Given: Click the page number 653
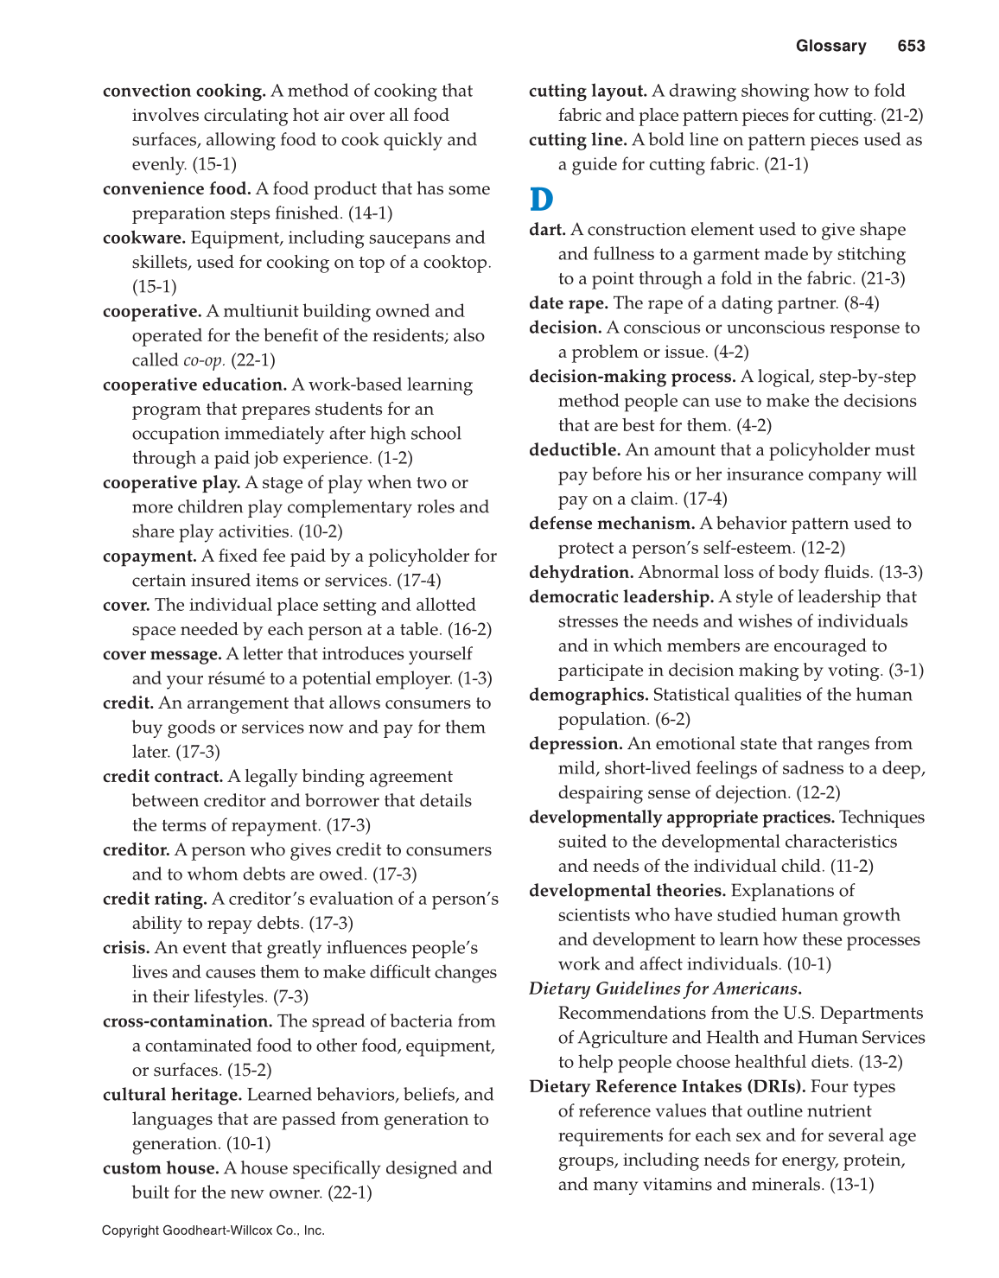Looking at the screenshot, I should (911, 47).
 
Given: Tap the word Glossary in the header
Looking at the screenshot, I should (830, 47).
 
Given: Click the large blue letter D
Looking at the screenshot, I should (541, 200).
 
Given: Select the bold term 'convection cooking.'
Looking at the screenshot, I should (184, 91).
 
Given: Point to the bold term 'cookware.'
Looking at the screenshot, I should (143, 238).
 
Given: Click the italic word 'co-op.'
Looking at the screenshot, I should (204, 360).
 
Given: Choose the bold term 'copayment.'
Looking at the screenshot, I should (150, 556).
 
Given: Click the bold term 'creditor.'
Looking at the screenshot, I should (136, 850).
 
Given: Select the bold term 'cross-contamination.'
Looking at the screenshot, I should (188, 1021).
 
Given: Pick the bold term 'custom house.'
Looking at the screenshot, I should (161, 1168).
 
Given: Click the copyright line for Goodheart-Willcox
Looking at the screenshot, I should (213, 1230).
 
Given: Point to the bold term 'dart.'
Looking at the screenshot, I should (547, 230).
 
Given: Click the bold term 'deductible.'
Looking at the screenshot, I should (575, 450).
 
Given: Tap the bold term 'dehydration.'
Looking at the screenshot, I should (582, 573).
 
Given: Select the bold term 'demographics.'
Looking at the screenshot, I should (589, 696).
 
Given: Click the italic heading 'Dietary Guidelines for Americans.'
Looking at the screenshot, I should (665, 989).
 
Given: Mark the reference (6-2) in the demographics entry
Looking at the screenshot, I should (672, 720).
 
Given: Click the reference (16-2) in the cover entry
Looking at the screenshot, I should (469, 630).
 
